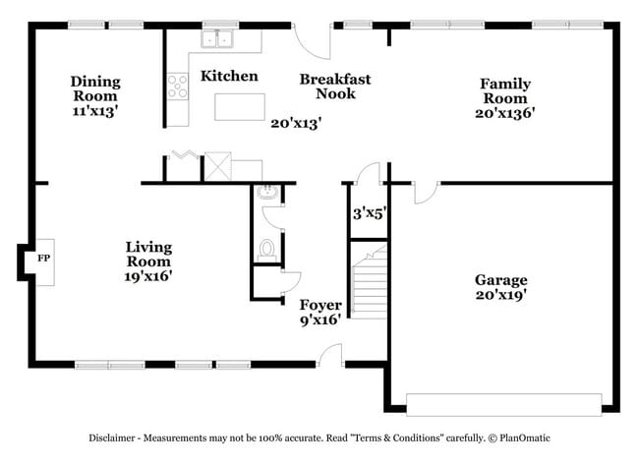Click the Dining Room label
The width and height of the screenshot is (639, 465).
95,82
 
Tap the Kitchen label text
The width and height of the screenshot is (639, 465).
229,76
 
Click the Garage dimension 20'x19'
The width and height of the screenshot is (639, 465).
501,295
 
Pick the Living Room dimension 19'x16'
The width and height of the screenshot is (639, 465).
148,276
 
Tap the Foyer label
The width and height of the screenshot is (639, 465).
320,305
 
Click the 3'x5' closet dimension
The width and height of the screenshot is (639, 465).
369,212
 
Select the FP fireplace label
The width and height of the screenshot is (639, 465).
43,259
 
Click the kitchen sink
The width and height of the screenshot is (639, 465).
217,39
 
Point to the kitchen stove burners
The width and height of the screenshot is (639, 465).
178,87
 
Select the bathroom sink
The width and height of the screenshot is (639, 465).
265,194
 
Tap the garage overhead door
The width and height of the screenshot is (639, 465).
503,403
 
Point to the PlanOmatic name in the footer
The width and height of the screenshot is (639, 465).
532,437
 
